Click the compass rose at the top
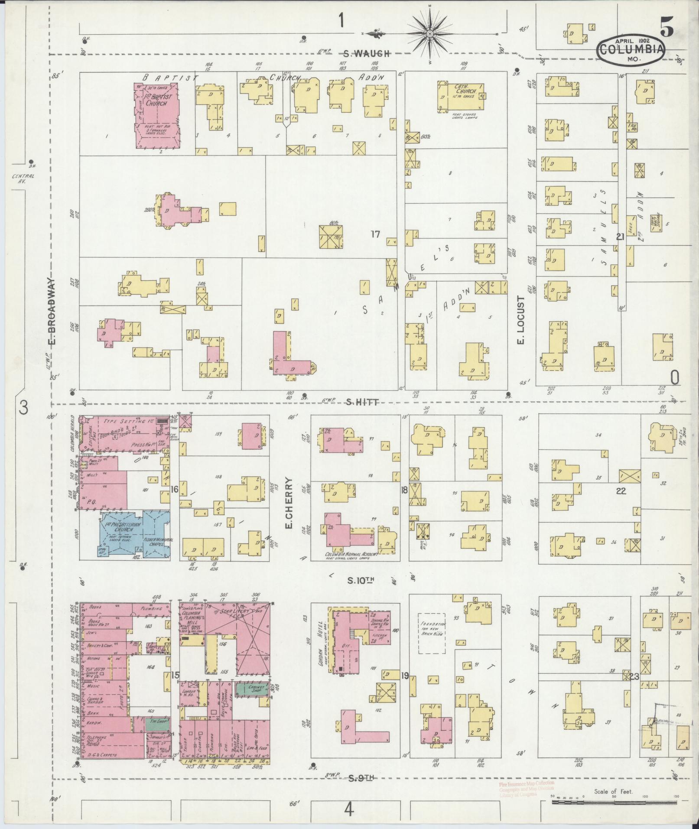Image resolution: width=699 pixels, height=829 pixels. click(x=430, y=33)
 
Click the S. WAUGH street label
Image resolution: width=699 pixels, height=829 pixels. click(x=366, y=54)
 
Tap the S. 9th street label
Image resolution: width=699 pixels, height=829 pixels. click(x=361, y=778)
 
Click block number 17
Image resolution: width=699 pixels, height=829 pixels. click(x=375, y=234)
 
